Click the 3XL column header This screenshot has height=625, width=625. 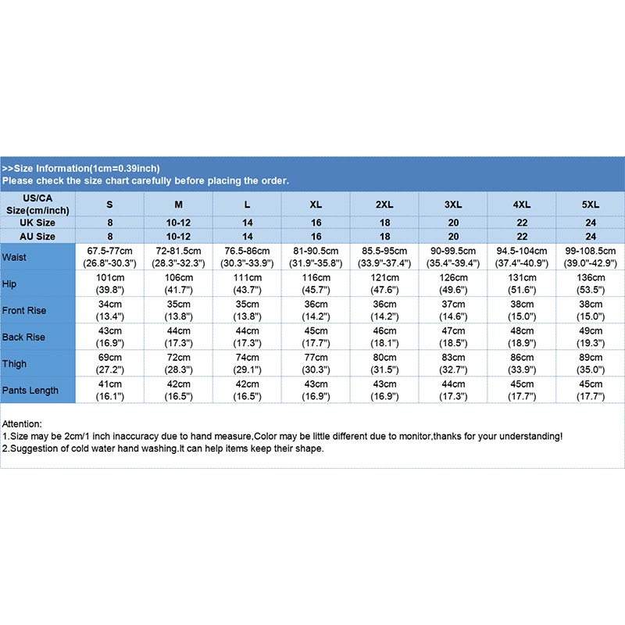point(453,205)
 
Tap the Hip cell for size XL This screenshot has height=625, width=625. point(316,284)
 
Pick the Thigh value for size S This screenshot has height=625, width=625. point(109,363)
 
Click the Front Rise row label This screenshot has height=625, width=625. point(24,310)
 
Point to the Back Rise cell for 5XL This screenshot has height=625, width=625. point(591,337)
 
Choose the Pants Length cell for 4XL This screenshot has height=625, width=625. point(522,390)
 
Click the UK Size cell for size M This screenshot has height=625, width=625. point(178,223)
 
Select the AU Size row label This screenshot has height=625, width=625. point(37,236)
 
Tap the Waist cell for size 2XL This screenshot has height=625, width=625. point(384,257)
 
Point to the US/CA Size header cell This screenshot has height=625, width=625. point(37,205)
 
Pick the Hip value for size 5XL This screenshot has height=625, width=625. point(591,284)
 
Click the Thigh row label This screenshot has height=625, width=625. point(15,363)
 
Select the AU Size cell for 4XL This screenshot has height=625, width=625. point(522,236)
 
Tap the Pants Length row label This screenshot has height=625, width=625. point(30,390)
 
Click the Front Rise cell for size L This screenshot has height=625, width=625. point(247,310)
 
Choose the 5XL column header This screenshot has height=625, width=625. point(591,205)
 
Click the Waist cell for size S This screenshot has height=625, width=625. point(109,257)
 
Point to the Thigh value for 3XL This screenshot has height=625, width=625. point(453,363)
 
